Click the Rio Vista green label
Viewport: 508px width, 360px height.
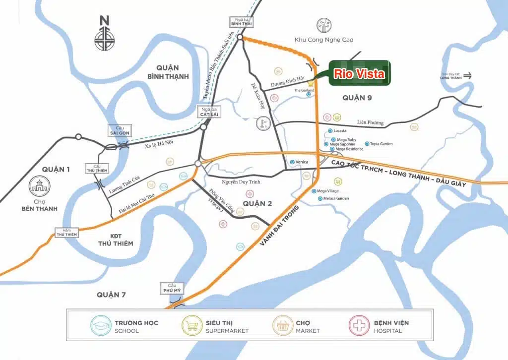tap(359, 74)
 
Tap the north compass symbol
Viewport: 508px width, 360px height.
tap(105, 35)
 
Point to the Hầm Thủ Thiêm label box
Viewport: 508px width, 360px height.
tap(66, 232)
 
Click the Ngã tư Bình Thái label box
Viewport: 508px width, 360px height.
tap(241, 21)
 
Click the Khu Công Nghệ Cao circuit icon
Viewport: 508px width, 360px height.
tap(324, 27)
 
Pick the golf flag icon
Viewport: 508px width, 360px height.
tap(263, 123)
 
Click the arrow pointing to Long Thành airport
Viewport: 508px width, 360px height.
tap(467, 76)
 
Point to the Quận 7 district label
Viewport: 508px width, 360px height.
tap(111, 295)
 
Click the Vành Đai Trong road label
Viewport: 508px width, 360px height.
tap(280, 225)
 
